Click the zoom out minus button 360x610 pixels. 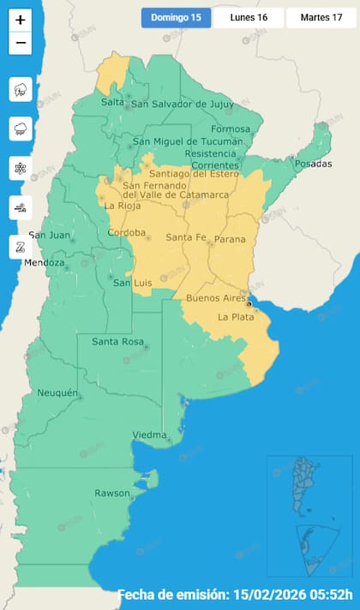21,43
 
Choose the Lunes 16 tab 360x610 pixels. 249,17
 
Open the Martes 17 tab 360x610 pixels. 321,17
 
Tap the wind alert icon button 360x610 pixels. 21,207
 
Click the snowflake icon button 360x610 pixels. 21,168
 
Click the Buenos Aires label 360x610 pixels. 216,298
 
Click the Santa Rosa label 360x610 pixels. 117,343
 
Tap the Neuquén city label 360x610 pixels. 57,393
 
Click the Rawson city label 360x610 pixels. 112,493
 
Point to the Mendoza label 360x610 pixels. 44,263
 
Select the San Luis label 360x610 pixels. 133,283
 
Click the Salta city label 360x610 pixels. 112,102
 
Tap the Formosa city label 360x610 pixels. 232,129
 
